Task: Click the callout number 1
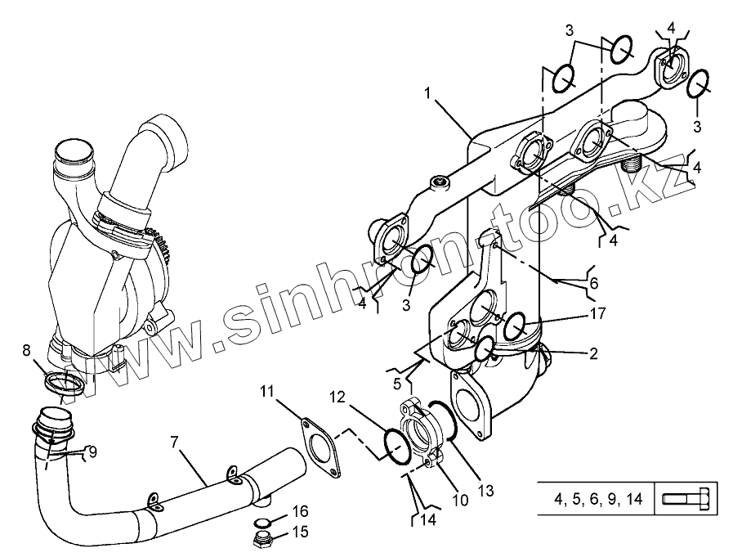pos(427,92)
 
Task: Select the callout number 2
pos(593,353)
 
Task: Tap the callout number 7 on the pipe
pos(174,442)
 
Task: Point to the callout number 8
pos(26,350)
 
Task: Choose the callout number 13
pos(485,491)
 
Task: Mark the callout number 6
pos(594,283)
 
